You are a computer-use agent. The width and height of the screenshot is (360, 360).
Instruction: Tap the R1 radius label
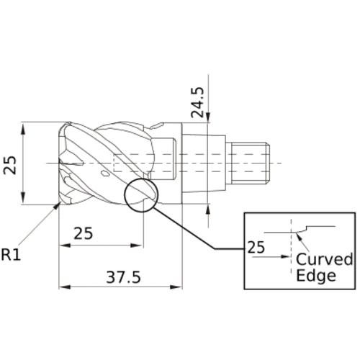(x=12, y=254)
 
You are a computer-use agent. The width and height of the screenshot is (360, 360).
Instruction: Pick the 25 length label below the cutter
(x=84, y=234)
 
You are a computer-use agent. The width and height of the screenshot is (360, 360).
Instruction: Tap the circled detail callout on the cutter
(x=140, y=195)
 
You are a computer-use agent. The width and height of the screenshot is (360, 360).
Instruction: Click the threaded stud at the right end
(x=248, y=163)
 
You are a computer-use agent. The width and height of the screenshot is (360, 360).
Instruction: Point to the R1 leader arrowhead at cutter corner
(x=58, y=207)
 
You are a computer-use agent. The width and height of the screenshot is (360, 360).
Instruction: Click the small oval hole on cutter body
(x=106, y=174)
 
